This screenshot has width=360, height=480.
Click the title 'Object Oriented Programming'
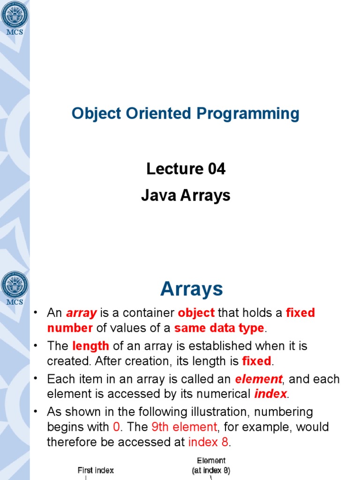pyautogui.click(x=185, y=113)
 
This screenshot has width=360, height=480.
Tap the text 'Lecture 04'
pyautogui.click(x=186, y=169)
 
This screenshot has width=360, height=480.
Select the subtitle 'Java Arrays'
pyautogui.click(x=186, y=195)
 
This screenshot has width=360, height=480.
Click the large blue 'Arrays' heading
pyautogui.click(x=191, y=289)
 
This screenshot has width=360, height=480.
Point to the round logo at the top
pyautogui.click(x=15, y=15)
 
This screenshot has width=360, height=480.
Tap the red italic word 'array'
pyautogui.click(x=82, y=313)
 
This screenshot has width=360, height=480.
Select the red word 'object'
pyautogui.click(x=196, y=313)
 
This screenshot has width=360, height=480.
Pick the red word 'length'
pyautogui.click(x=90, y=346)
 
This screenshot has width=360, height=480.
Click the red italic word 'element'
pyautogui.click(x=258, y=379)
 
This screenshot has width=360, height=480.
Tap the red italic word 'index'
pyautogui.click(x=270, y=394)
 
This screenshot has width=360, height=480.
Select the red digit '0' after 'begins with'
pyautogui.click(x=117, y=427)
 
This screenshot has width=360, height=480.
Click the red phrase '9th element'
pyautogui.click(x=184, y=427)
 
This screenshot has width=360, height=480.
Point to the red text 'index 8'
pyautogui.click(x=210, y=442)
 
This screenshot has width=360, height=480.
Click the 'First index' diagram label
pyautogui.click(x=96, y=470)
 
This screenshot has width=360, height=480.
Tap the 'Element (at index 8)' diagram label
pyautogui.click(x=211, y=465)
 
